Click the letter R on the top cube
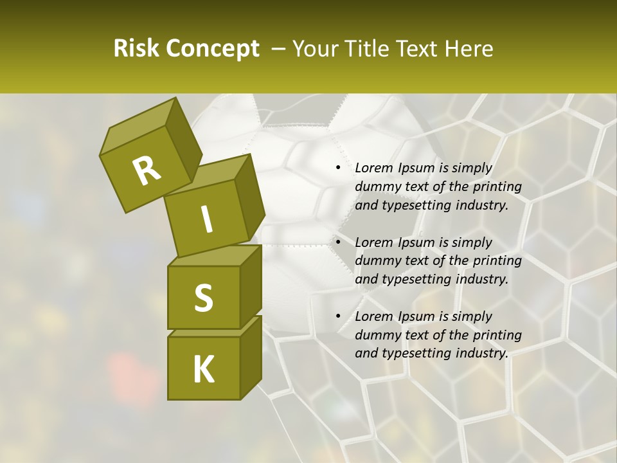coord(147,171)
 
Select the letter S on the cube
coord(203,298)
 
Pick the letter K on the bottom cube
coord(203,370)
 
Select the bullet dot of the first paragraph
coord(338,168)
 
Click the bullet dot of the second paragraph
coord(338,242)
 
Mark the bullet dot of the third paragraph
coord(338,316)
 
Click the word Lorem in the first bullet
coord(373,168)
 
